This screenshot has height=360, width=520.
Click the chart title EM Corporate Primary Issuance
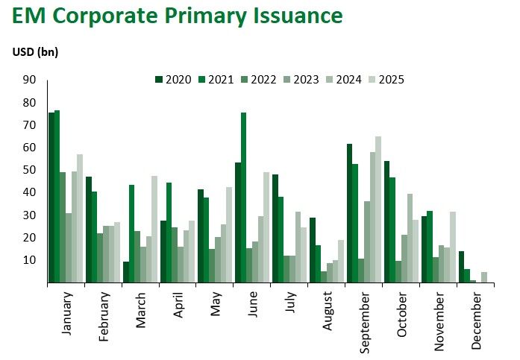pyautogui.click(x=176, y=16)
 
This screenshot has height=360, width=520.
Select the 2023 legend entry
pyautogui.click(x=306, y=80)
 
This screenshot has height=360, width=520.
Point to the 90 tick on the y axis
pyautogui.click(x=30, y=80)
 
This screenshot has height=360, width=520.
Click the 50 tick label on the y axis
pyautogui.click(x=30, y=170)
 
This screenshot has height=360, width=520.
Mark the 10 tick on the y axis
pyautogui.click(x=30, y=260)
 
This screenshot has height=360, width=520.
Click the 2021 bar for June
pyautogui.click(x=243, y=198)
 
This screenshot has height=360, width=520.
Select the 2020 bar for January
pyautogui.click(x=51, y=198)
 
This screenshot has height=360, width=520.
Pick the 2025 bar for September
pyautogui.click(x=378, y=209)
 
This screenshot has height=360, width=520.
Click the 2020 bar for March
pyautogui.click(x=126, y=272)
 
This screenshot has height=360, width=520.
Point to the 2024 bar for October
pyautogui.click(x=410, y=238)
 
